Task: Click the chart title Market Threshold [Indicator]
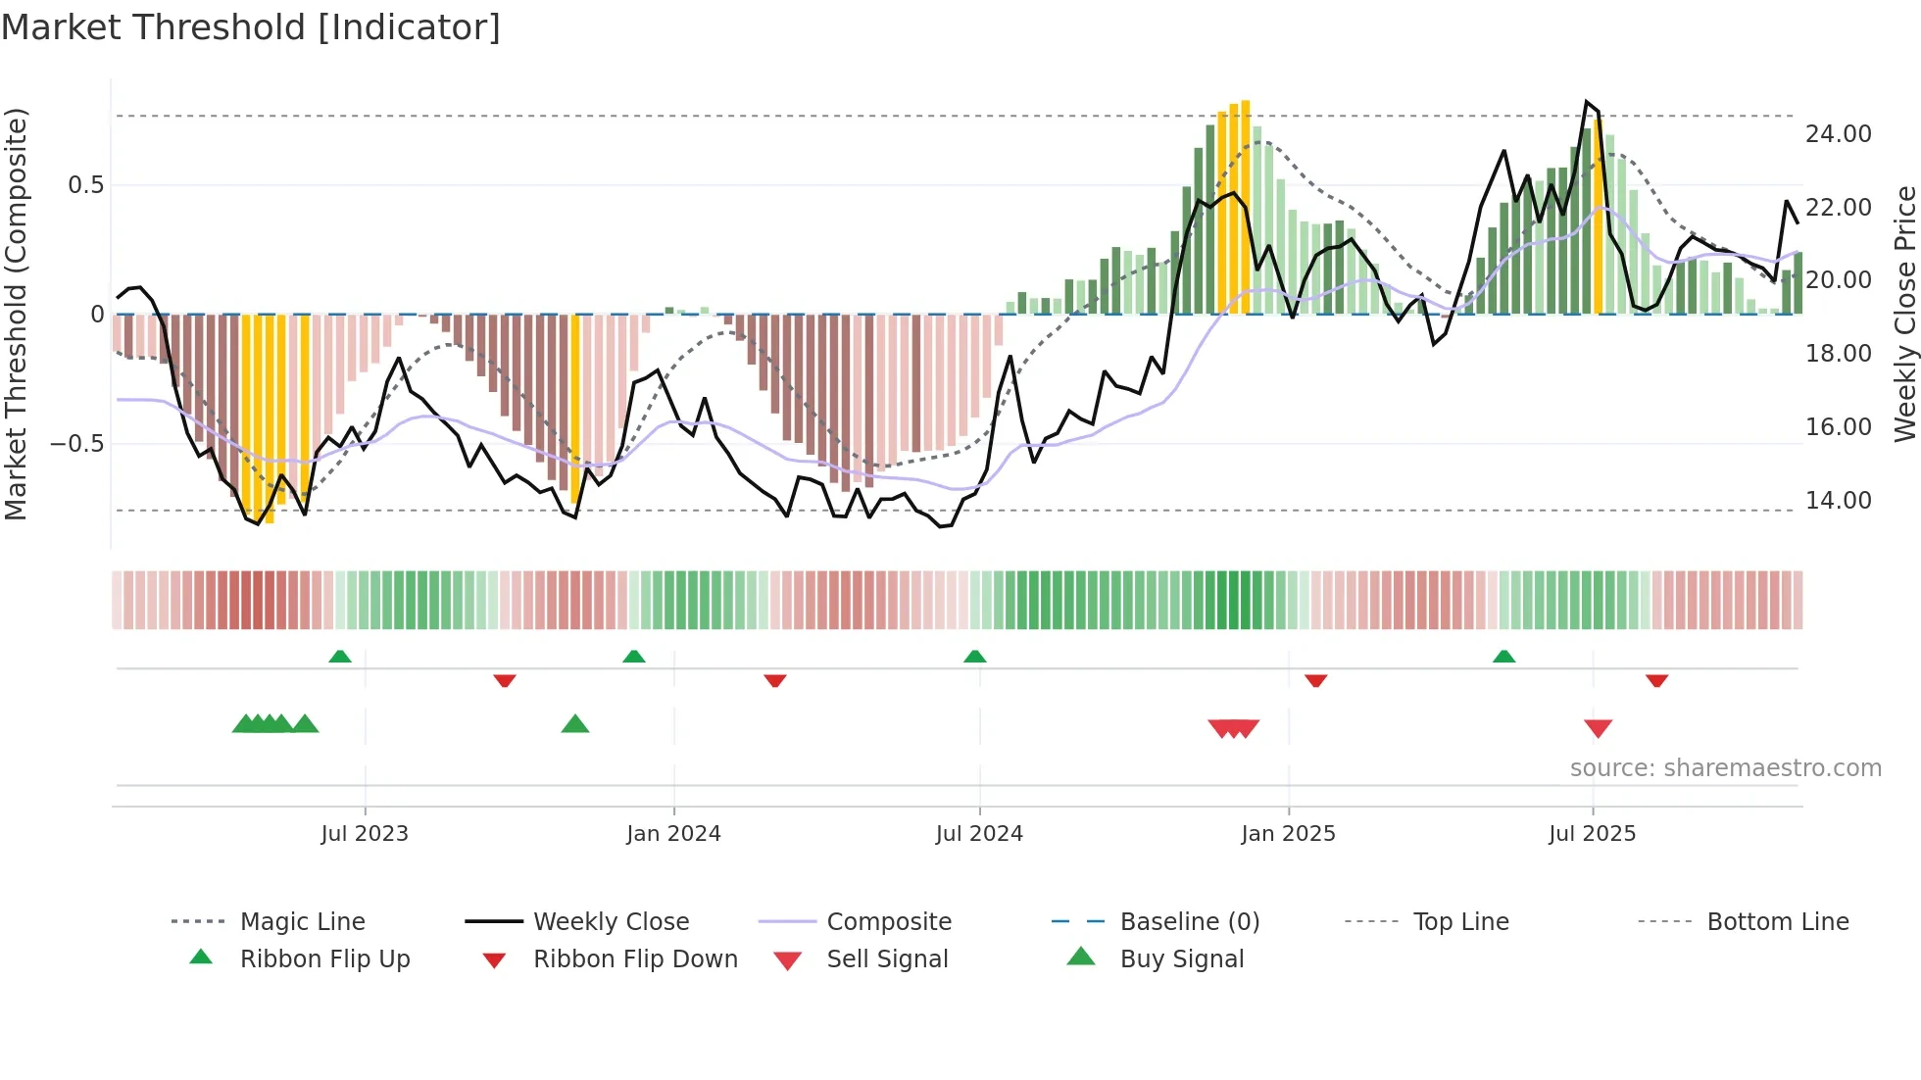pyautogui.click(x=251, y=27)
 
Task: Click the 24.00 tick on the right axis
pyautogui.click(x=1838, y=134)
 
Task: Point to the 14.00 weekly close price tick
pyautogui.click(x=1838, y=501)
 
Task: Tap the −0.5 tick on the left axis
pyautogui.click(x=76, y=444)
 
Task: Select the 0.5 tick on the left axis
pyautogui.click(x=85, y=185)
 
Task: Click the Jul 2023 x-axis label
pyautogui.click(x=365, y=834)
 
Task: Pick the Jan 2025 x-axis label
pyautogui.click(x=1288, y=834)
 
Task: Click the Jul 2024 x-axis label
pyautogui.click(x=979, y=834)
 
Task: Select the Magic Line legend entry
pyautogui.click(x=302, y=922)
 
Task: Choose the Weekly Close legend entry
pyautogui.click(x=611, y=922)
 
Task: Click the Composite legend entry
pyautogui.click(x=889, y=922)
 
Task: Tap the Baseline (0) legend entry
pyautogui.click(x=1189, y=922)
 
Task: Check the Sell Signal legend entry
pyautogui.click(x=887, y=959)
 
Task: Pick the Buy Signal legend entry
pyautogui.click(x=1181, y=959)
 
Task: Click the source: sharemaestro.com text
pyautogui.click(x=1725, y=768)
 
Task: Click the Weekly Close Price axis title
pyautogui.click(x=1904, y=314)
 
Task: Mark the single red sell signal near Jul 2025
pyautogui.click(x=1598, y=728)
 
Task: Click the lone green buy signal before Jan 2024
pyautogui.click(x=575, y=724)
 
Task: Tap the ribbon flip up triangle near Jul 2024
pyautogui.click(x=974, y=657)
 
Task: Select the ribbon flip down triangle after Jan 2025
pyautogui.click(x=1315, y=680)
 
